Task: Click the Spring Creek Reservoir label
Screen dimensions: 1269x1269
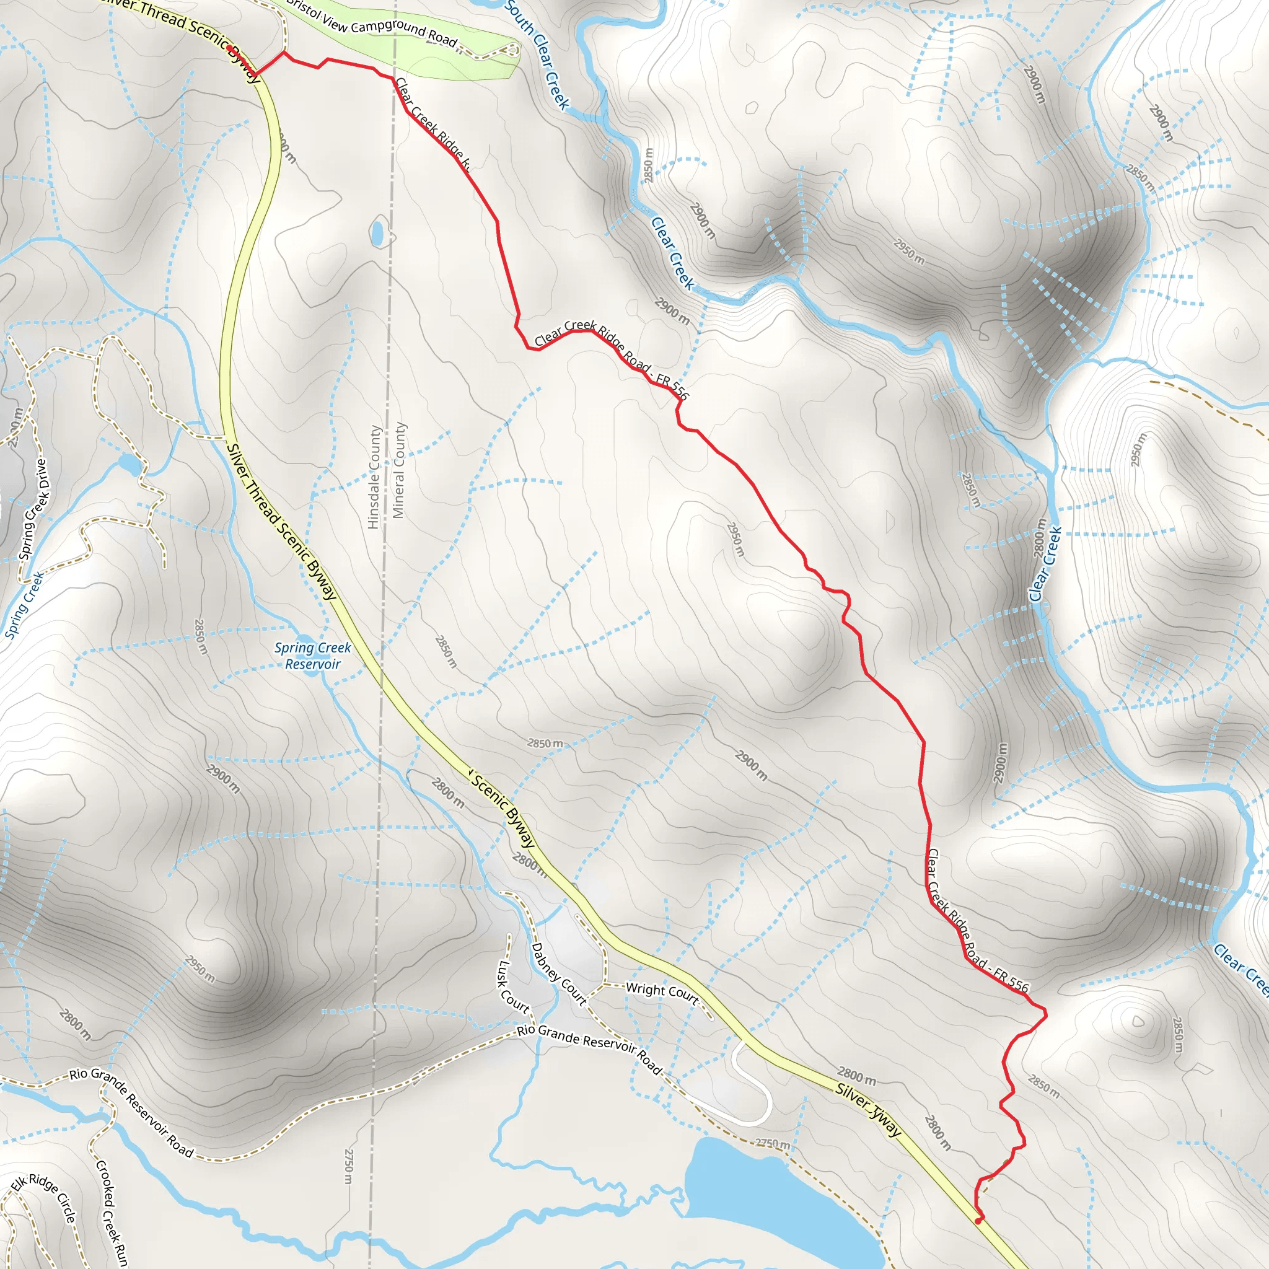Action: coord(313,656)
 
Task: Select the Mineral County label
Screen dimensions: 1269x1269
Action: coord(398,470)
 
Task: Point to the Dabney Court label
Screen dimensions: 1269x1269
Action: coord(558,974)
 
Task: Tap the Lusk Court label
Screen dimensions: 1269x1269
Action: coord(513,986)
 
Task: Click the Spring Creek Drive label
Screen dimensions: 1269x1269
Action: coord(33,509)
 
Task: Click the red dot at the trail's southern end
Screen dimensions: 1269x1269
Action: coord(978,1221)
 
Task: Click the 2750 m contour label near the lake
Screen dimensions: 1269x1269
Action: coord(773,1144)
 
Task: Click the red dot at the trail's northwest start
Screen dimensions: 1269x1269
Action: coord(229,48)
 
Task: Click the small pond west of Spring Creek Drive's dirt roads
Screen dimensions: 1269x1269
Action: coord(129,465)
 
